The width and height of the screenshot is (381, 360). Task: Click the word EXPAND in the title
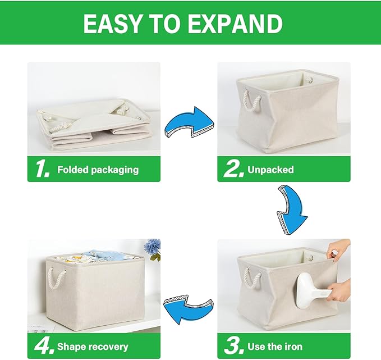tap(242, 24)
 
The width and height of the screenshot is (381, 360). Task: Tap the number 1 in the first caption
tap(42, 169)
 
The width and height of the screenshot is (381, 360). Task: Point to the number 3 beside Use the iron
tap(233, 346)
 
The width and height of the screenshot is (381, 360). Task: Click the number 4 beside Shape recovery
tap(43, 346)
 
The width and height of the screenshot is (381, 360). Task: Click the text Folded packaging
tap(98, 170)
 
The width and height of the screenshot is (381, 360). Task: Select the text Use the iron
tap(282, 347)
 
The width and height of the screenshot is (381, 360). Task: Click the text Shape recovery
tap(93, 347)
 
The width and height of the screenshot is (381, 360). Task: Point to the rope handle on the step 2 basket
tap(252, 103)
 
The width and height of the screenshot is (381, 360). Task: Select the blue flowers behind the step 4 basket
tap(152, 248)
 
